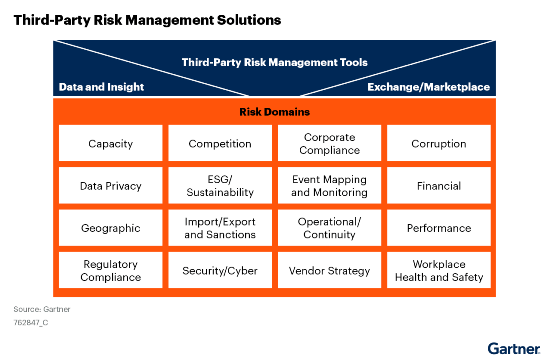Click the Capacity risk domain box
(x=110, y=143)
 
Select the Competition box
(x=220, y=143)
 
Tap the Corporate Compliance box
(x=329, y=143)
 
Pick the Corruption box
(x=439, y=143)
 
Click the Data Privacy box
(x=110, y=186)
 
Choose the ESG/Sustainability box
(x=220, y=186)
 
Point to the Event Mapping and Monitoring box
(x=329, y=186)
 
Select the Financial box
(x=439, y=186)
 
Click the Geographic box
(x=110, y=228)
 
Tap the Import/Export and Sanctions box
(x=220, y=228)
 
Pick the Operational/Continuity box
(x=329, y=228)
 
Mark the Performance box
(x=439, y=228)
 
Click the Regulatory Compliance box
(x=110, y=270)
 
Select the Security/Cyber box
(x=220, y=270)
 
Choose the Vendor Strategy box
(x=329, y=270)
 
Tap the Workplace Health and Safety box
(x=439, y=270)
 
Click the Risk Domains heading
(x=274, y=112)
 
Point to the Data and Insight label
(x=101, y=87)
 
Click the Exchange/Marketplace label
(x=428, y=87)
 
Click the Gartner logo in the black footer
(x=513, y=349)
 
